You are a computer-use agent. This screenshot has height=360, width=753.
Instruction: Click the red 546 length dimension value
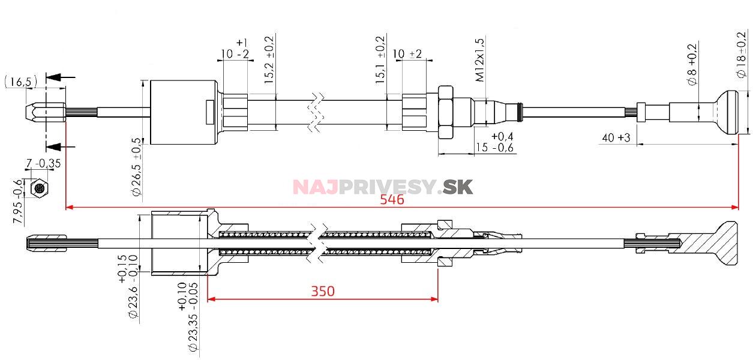[392, 200]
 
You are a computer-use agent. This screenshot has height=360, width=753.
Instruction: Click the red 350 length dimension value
[323, 291]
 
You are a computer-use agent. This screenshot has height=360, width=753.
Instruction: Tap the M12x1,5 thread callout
[479, 59]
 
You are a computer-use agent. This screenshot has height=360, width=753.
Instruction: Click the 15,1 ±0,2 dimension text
[380, 59]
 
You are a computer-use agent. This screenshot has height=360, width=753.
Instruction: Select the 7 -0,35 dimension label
[43, 163]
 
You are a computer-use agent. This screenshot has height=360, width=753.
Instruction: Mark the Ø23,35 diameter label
[192, 321]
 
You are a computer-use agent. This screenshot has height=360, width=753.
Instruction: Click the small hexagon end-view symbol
[38, 188]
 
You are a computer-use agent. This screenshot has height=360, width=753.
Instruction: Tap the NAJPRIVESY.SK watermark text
[383, 187]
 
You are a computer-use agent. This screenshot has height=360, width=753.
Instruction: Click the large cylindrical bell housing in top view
[182, 112]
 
